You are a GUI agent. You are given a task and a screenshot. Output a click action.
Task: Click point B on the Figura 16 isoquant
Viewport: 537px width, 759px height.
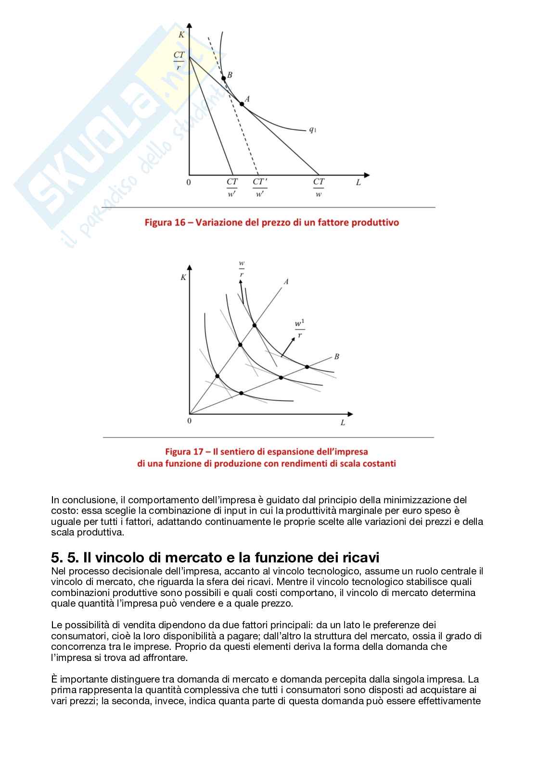[x=224, y=78]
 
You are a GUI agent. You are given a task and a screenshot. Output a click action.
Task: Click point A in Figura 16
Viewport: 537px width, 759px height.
[x=242, y=103]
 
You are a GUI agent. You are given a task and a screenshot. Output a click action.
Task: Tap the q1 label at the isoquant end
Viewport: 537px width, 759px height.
[x=312, y=129]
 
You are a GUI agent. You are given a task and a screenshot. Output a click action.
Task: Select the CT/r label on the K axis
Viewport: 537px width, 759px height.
[x=179, y=61]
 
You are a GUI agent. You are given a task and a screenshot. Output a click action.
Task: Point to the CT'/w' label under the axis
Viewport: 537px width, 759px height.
[x=260, y=187]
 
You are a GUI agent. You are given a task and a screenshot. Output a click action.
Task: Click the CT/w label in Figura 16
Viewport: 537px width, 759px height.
[x=319, y=187]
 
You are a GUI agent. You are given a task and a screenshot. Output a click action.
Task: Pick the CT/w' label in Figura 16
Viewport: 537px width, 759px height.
[x=232, y=187]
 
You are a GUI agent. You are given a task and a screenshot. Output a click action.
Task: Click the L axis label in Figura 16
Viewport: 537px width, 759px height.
[x=358, y=183]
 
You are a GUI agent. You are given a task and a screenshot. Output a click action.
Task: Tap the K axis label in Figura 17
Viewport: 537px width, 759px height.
[x=183, y=277]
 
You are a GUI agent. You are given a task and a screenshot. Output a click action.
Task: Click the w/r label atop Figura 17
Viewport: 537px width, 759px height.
[x=242, y=269]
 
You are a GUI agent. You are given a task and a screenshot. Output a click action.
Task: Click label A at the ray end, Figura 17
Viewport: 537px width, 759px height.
[x=286, y=282]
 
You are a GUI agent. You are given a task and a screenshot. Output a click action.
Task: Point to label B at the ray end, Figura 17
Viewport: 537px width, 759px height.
[x=336, y=356]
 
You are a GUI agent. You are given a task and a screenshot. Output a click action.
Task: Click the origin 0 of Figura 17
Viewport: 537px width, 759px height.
[x=189, y=421]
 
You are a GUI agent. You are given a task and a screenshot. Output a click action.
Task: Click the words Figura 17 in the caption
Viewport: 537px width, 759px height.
[x=184, y=452]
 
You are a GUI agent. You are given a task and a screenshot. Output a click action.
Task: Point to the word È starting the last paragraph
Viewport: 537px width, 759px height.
[x=54, y=679]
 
